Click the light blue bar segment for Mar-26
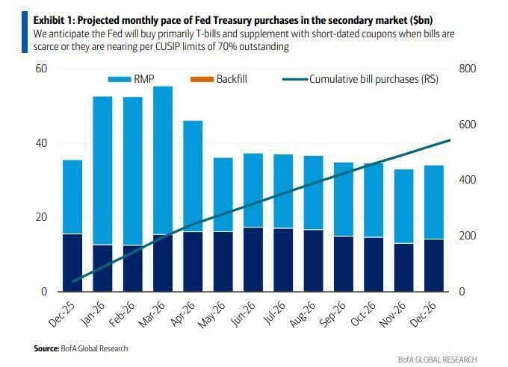click(x=163, y=160)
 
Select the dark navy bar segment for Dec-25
click(x=72, y=263)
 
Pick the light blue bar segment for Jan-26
click(x=102, y=170)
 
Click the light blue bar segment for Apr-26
click(x=193, y=176)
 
